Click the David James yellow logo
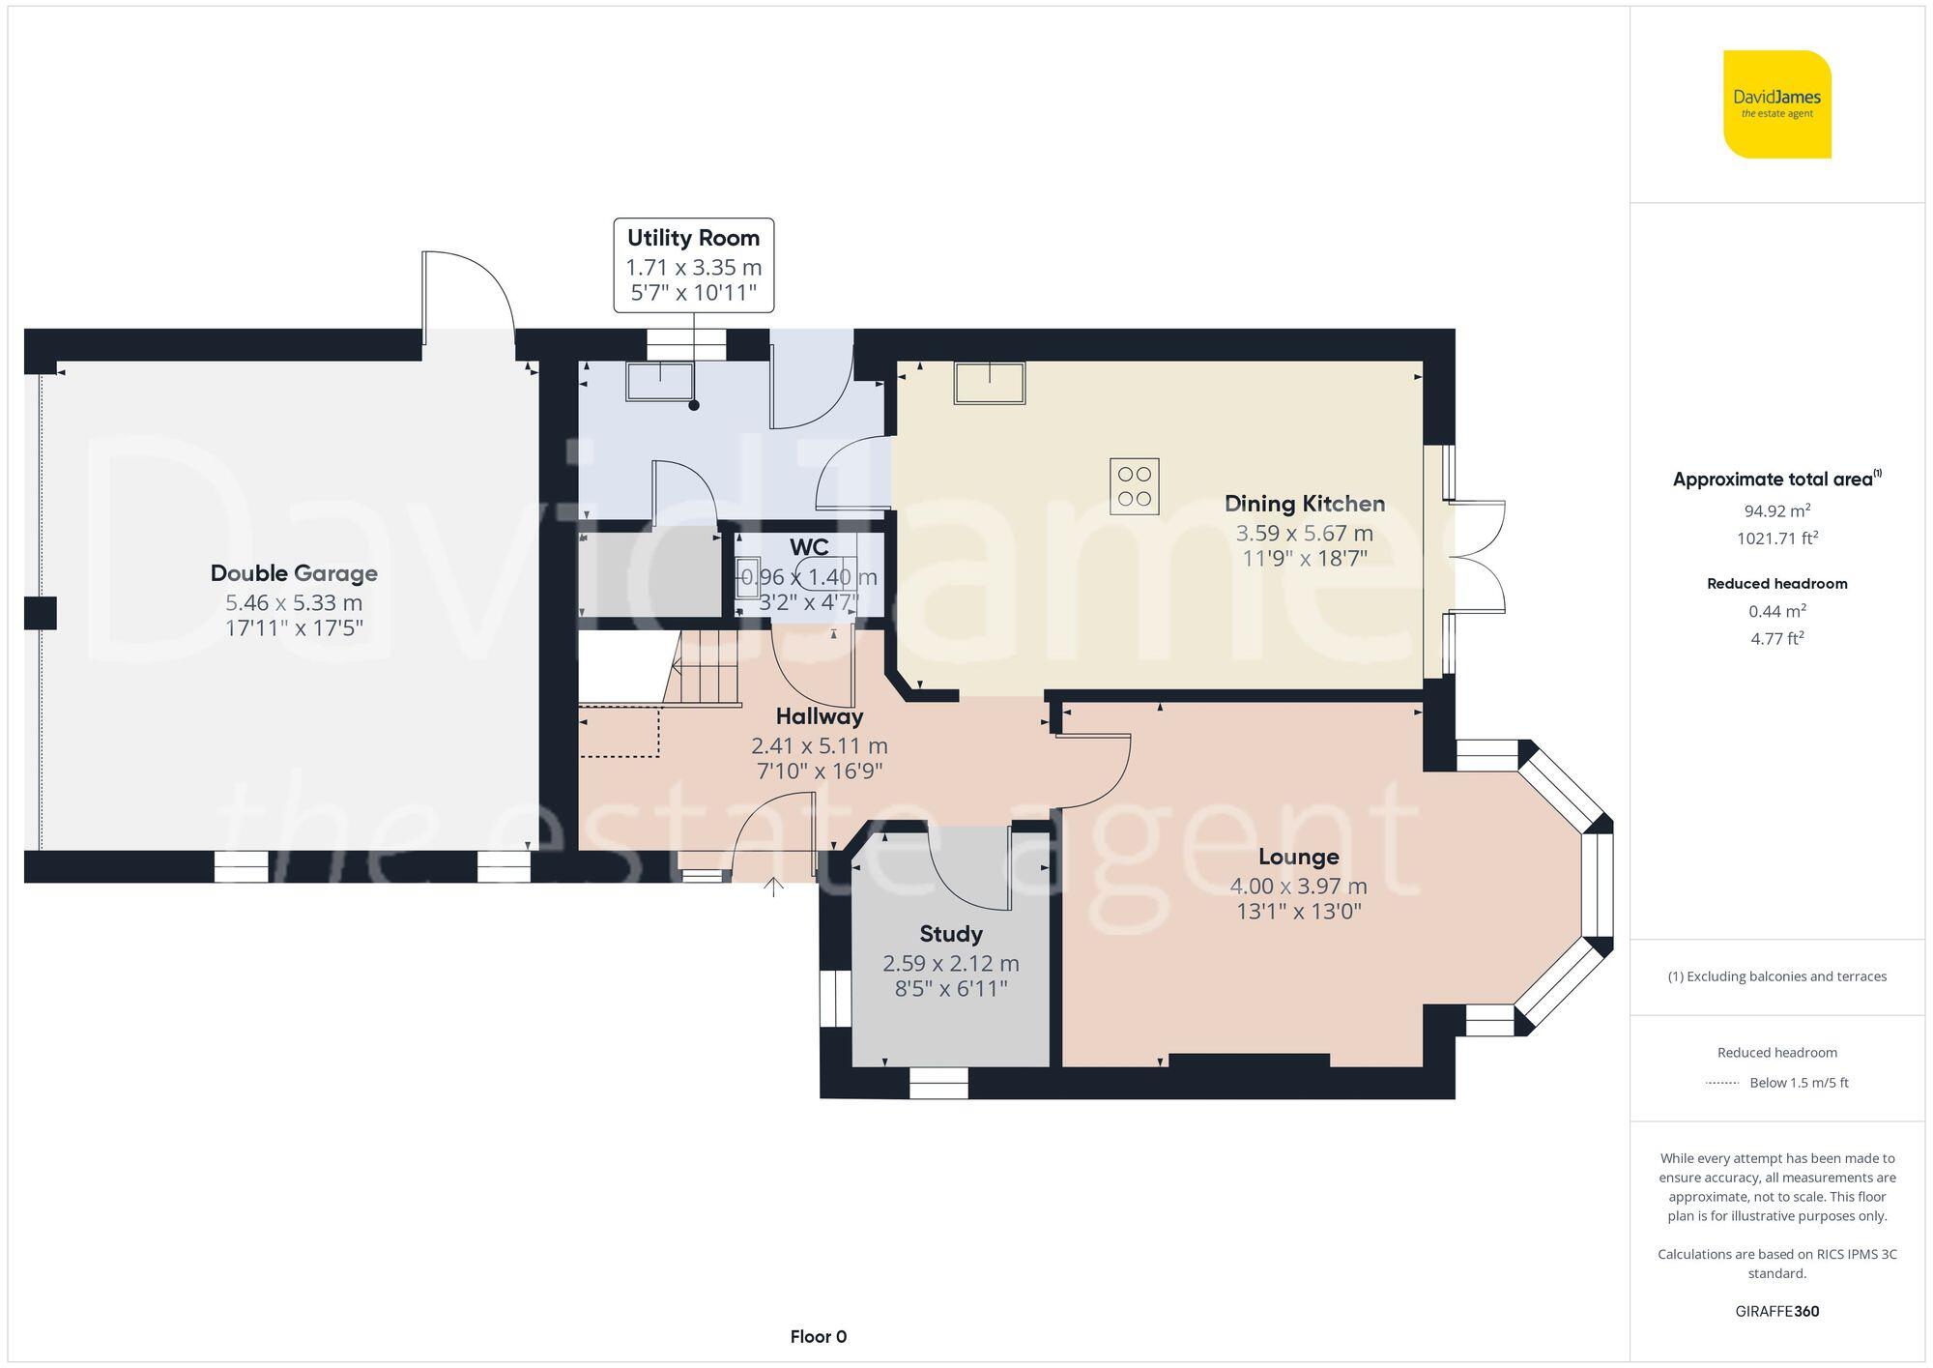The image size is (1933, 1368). [1776, 104]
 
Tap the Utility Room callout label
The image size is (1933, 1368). [693, 238]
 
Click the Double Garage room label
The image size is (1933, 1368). [294, 573]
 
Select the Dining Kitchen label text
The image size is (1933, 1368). [1304, 504]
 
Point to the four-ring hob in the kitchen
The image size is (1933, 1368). [1134, 486]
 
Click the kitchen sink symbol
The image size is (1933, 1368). [989, 383]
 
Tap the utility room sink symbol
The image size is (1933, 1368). [660, 381]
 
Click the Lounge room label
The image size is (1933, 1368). [1298, 857]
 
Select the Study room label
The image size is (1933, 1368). [951, 934]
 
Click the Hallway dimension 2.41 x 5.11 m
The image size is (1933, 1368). [819, 746]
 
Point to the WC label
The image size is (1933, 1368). [809, 547]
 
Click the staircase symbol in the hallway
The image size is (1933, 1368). [706, 667]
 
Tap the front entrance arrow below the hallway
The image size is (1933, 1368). [773, 887]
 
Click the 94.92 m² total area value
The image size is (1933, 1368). [1776, 511]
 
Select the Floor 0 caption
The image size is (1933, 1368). [818, 1337]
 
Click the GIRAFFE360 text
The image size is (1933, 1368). [1776, 1312]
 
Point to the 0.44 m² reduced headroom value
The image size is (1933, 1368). [1776, 611]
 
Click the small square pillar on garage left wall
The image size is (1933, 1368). [41, 613]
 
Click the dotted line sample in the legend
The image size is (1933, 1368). [1722, 1083]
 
